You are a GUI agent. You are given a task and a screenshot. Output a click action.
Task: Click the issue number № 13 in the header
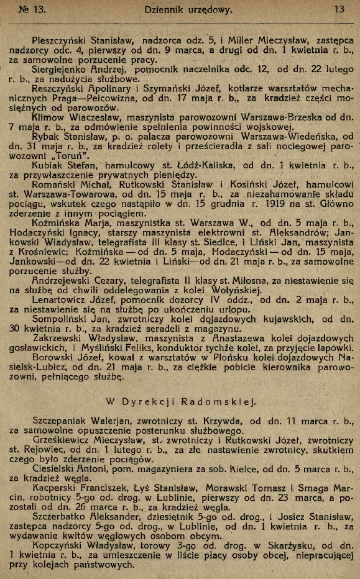tap(32, 9)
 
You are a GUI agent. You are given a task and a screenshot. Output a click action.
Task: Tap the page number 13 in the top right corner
tap(339, 9)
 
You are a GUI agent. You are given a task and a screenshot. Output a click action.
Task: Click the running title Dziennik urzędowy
tap(179, 9)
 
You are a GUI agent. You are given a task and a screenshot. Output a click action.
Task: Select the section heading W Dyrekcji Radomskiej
tap(180, 401)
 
